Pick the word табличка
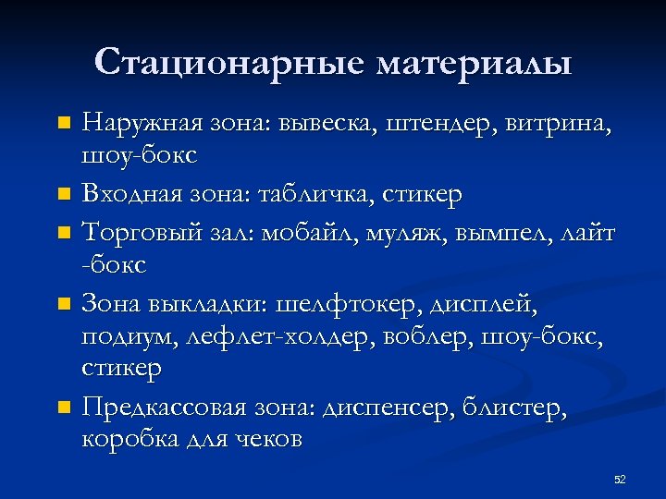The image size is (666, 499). point(297,195)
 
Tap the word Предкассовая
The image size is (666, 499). point(157,406)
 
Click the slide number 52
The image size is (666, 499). point(620,480)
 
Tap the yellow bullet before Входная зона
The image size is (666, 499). point(63,196)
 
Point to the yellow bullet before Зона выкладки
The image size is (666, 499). point(63,303)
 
